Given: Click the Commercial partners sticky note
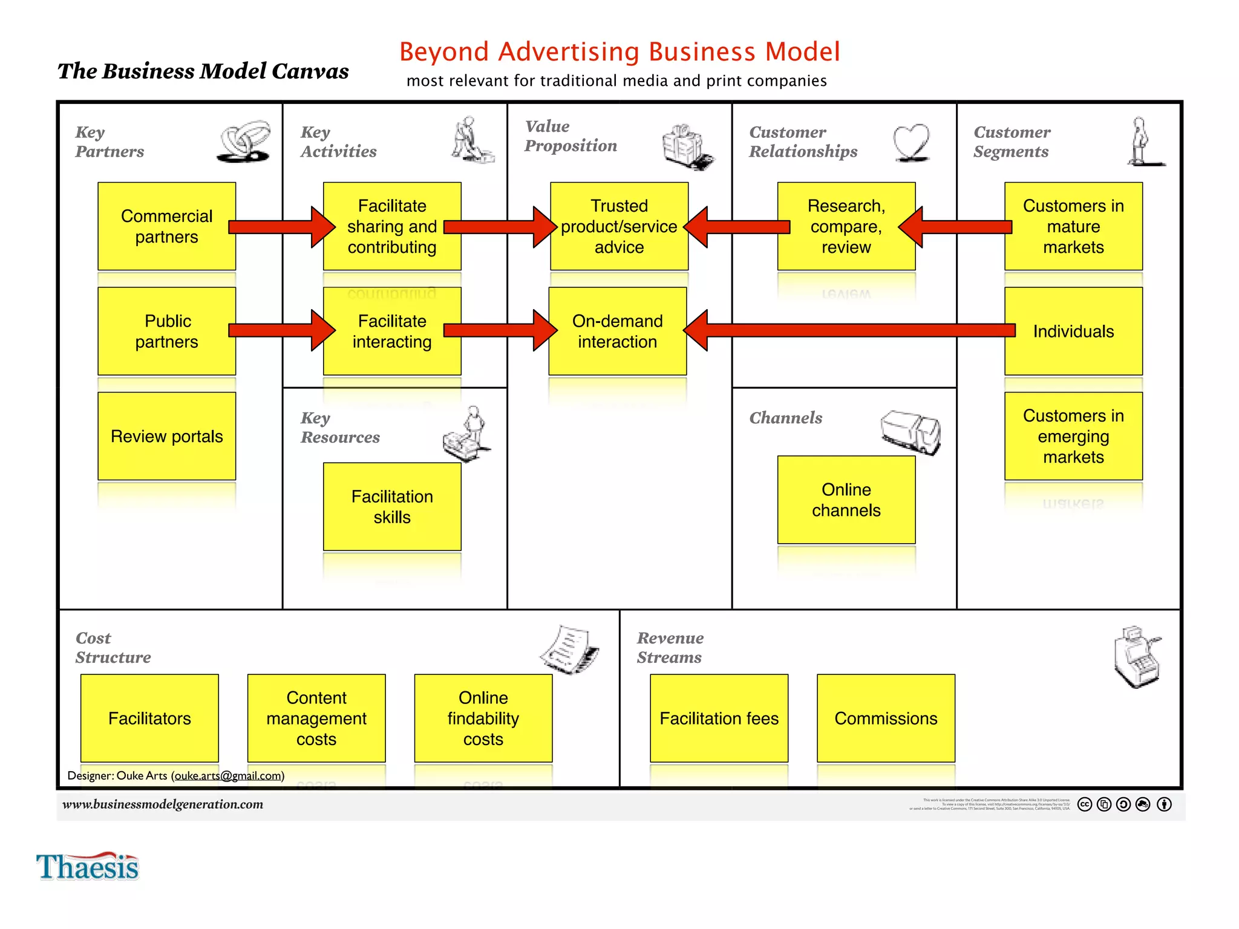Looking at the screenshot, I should click(166, 226).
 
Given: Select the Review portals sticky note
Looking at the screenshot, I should click(166, 436).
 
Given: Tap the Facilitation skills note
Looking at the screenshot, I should click(392, 507).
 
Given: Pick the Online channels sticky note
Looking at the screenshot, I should click(846, 500).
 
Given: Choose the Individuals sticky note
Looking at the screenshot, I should click(1073, 331).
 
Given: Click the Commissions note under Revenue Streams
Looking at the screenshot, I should click(886, 718).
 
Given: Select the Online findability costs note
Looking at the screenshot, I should click(483, 718).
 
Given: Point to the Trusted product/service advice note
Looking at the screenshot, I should click(619, 226).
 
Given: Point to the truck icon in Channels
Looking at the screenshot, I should click(910, 431).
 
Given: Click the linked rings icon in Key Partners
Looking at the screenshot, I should click(244, 142).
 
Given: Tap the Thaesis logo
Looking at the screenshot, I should click(88, 867).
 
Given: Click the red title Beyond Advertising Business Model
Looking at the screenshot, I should click(619, 52).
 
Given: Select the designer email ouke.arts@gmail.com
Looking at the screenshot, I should click(228, 775).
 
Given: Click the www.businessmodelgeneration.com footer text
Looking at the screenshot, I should click(163, 804).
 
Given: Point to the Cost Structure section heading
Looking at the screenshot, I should click(113, 647).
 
